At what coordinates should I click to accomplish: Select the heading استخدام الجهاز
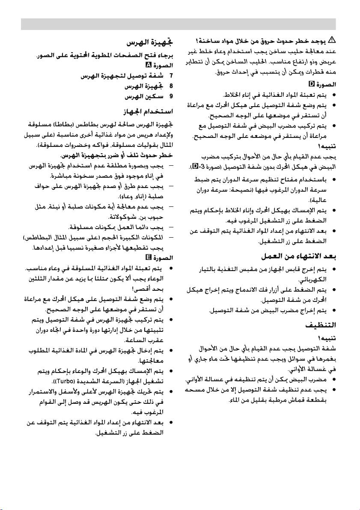[148, 112]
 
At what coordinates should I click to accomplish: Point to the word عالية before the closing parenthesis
[321, 200]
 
